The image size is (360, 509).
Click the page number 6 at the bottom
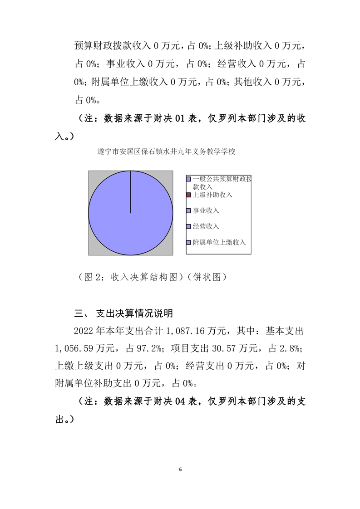coord(180,469)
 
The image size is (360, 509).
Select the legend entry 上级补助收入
coord(212,195)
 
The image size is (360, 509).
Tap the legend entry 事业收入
coord(206,210)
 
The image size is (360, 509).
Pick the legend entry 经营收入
coord(206,226)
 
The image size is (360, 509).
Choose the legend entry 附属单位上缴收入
coord(219,242)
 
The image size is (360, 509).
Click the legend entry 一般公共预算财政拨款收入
coord(222,182)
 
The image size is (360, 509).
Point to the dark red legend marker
coord(188,195)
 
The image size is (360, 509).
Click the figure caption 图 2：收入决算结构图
coord(131,277)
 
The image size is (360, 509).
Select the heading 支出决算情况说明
coord(134,313)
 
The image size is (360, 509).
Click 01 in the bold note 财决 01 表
coord(180,119)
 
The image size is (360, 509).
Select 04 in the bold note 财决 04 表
coord(180,402)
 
